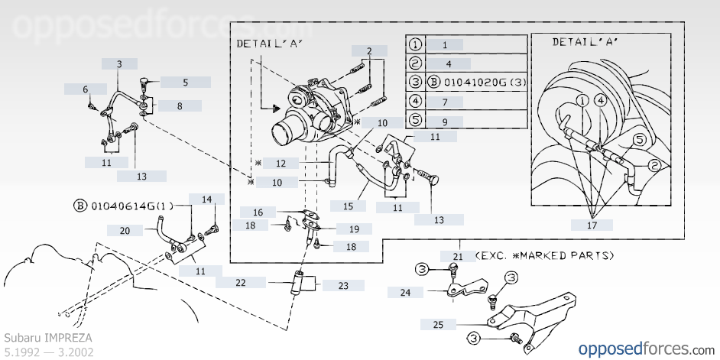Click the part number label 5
[186, 83]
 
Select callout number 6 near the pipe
[86, 89]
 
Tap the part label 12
[281, 163]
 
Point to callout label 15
[348, 206]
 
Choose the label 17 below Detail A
[592, 225]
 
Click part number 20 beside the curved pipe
[125, 231]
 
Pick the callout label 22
[241, 282]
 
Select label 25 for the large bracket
[439, 325]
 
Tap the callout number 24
[405, 292]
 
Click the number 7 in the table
[445, 102]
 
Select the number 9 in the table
[445, 122]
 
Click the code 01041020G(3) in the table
[484, 83]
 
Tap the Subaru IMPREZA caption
[48, 338]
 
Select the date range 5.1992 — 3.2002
[49, 352]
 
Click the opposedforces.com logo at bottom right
[646, 349]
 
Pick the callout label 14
[206, 199]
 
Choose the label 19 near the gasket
[354, 229]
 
